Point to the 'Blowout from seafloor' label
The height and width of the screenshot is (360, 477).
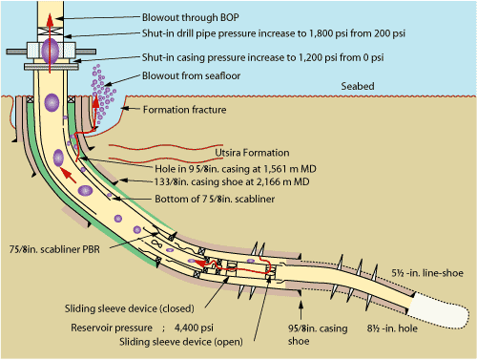coord(190,75)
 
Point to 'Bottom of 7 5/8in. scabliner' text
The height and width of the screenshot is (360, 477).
coord(214,200)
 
